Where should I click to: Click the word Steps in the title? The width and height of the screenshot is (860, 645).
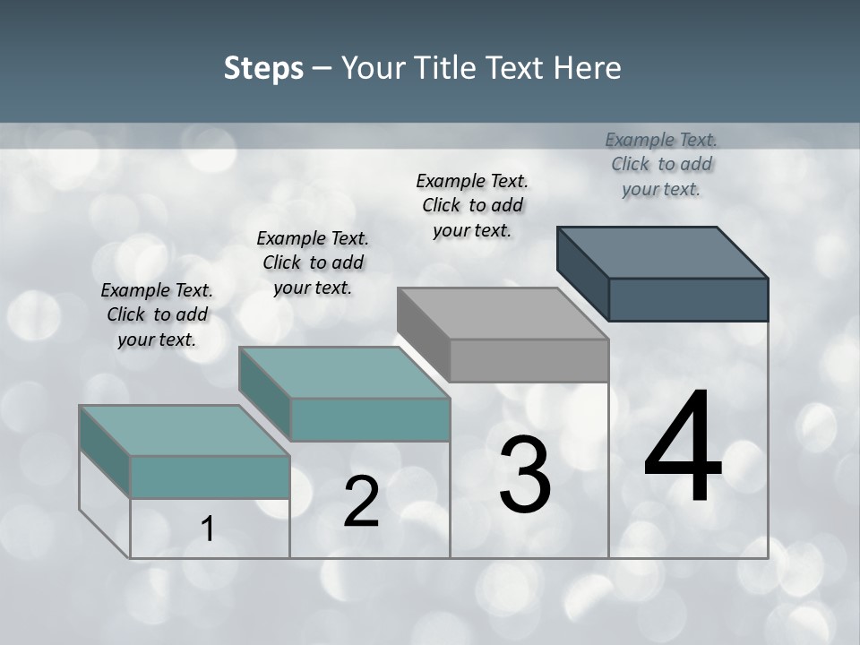coord(263,68)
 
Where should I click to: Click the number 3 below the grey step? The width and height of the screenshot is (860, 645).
coord(525,475)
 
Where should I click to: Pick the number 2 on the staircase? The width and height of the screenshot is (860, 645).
coord(361,502)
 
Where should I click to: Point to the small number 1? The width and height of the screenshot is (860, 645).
coord(208,529)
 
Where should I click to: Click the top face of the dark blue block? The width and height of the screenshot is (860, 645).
coord(663,253)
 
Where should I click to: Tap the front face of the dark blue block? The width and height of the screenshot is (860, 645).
coord(688,299)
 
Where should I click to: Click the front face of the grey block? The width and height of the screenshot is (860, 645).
coord(529,360)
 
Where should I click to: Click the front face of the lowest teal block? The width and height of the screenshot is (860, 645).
coord(210,477)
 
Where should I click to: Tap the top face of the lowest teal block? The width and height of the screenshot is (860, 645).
coord(185,431)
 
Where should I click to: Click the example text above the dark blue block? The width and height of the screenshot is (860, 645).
coord(661,164)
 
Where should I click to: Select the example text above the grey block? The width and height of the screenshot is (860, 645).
coord(472,205)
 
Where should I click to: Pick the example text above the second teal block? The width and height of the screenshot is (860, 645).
coord(313,262)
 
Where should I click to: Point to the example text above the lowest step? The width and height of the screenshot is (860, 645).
coord(157,314)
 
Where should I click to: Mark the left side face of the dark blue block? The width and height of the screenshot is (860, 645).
coord(582,272)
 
